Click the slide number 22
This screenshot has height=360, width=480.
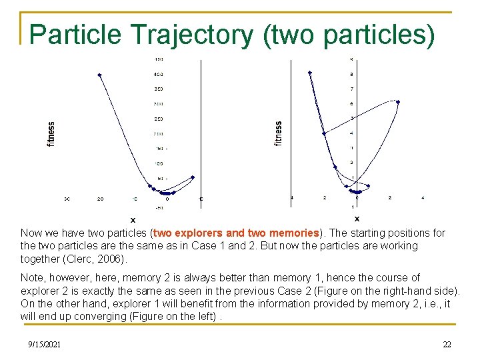pos(447,344)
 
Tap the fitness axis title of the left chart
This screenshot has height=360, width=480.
pos(51,133)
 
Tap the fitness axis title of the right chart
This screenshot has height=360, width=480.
pos(278,133)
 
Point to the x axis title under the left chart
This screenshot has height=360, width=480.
pos(133,219)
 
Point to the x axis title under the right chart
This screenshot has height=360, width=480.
pos(357,218)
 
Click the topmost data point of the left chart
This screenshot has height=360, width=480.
pos(99,75)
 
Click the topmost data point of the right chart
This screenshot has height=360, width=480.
pos(310,72)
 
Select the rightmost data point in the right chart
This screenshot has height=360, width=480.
pos(398,102)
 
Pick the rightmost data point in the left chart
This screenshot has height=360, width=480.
pos(193,177)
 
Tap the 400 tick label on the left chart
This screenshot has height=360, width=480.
pos(159,74)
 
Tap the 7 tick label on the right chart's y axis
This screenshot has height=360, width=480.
pos(352,89)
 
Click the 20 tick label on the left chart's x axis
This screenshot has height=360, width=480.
pos(100,199)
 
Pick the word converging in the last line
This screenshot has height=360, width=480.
pos(87,316)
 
